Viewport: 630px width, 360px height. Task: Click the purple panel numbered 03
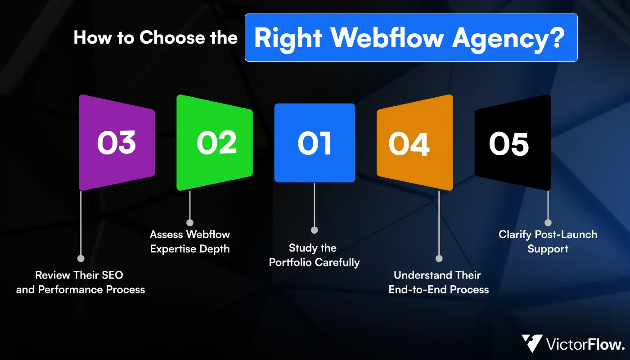pos(117,143)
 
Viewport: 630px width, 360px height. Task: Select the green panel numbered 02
pos(214,143)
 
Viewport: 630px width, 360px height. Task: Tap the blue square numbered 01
pos(315,143)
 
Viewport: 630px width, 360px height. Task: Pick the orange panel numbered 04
pos(414,143)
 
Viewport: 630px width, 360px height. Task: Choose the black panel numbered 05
pos(513,143)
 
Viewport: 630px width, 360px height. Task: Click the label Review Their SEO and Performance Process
pos(81,282)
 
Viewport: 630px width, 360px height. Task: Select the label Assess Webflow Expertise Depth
pos(190,242)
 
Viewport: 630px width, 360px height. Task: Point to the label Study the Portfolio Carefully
pos(315,255)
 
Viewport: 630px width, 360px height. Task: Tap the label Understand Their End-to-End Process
pos(439,282)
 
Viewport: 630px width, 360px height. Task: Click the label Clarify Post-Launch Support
pos(548,242)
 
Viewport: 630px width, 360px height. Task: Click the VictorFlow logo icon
pos(532,344)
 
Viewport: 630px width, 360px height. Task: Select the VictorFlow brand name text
pos(585,345)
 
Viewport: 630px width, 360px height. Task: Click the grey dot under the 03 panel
pos(81,258)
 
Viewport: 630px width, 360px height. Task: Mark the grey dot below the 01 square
pos(315,230)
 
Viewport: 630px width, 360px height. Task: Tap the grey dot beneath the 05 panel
pos(548,222)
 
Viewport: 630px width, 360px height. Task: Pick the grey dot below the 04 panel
pos(439,258)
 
